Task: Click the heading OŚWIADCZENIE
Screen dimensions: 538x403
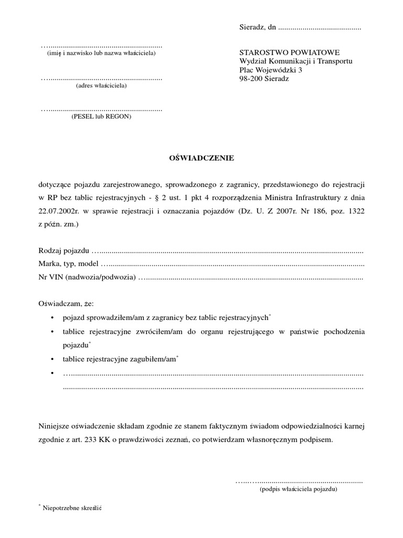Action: point(201,157)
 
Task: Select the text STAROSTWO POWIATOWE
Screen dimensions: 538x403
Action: point(289,53)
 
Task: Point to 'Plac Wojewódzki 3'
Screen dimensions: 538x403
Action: point(270,70)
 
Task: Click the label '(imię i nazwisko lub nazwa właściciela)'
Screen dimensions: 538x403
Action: point(101,54)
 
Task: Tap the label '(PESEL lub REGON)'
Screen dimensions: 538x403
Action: point(101,117)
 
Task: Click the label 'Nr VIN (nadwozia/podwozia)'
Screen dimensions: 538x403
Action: point(87,276)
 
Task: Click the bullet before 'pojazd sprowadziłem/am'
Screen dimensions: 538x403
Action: point(52,318)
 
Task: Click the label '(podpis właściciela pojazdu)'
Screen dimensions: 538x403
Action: point(299,489)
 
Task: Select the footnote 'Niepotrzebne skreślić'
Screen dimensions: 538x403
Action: point(71,509)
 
